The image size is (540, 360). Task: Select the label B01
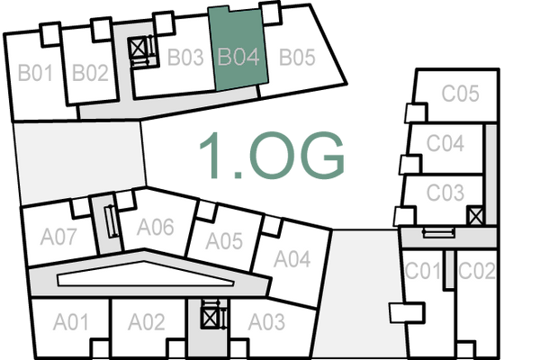(37, 73)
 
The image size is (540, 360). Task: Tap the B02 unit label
(90, 73)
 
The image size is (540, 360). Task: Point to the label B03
(185, 58)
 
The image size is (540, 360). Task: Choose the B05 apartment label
(296, 58)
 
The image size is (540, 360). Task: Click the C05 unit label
(460, 93)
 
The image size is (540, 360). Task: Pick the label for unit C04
(445, 143)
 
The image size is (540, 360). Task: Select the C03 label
(445, 192)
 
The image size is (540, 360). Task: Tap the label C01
(423, 270)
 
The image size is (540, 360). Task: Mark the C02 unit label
(476, 270)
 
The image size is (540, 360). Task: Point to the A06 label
(155, 228)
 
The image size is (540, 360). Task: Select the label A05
(224, 241)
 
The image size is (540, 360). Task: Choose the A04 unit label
(292, 259)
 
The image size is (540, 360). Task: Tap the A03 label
(266, 321)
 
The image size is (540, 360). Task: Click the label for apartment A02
(146, 321)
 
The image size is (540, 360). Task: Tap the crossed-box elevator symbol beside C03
(475, 216)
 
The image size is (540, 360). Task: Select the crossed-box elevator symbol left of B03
(139, 48)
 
